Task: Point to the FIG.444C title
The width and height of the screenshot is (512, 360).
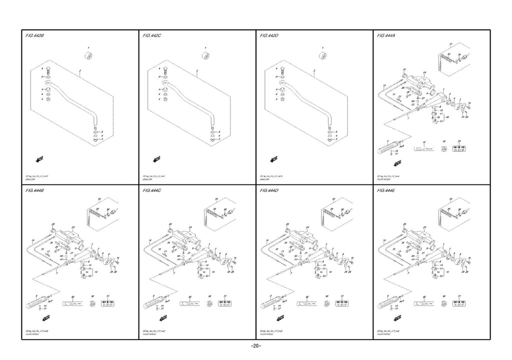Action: point(152,191)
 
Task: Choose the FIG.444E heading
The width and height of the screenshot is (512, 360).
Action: point(387,191)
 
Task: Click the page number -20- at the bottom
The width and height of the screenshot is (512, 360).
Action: point(255,346)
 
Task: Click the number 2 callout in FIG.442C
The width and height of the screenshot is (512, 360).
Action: point(197,71)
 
